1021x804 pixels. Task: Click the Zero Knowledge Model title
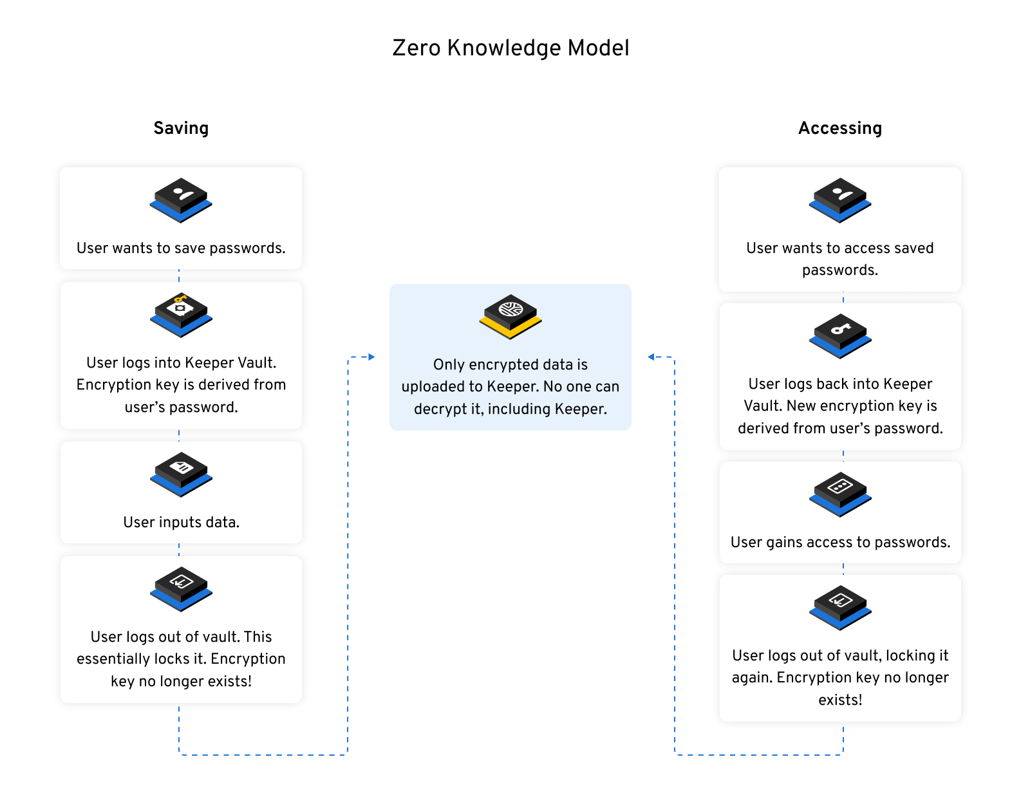[x=510, y=48]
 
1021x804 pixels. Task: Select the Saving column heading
[x=181, y=128]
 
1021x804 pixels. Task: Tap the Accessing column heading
[x=839, y=128]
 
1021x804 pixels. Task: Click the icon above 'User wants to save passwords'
[x=181, y=200]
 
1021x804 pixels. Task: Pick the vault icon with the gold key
[x=181, y=314]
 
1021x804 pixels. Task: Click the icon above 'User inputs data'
[x=181, y=474]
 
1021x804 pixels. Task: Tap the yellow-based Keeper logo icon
[x=510, y=316]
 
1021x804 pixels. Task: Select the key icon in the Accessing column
[x=840, y=335]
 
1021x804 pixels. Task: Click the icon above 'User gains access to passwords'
[x=840, y=494]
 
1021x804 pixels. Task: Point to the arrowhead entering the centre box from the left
[x=371, y=357]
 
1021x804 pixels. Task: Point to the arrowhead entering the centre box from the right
[x=651, y=357]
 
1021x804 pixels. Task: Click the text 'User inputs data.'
[x=181, y=522]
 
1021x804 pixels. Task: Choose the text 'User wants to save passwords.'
[x=181, y=248]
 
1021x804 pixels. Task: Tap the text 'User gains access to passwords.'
[x=840, y=542]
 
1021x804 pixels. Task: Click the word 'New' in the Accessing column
[x=801, y=406]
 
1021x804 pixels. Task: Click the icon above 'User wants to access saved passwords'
[x=840, y=200]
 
